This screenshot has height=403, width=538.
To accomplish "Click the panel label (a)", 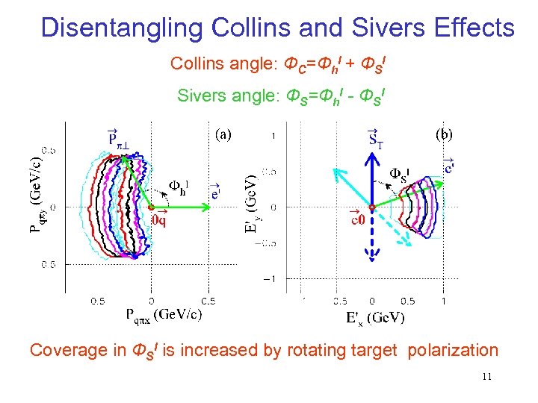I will click(223, 135).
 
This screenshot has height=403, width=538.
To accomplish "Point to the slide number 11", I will click(486, 377).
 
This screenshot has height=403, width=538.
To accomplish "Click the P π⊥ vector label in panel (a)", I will click(117, 139).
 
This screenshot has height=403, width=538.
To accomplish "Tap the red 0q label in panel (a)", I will click(160, 219).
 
